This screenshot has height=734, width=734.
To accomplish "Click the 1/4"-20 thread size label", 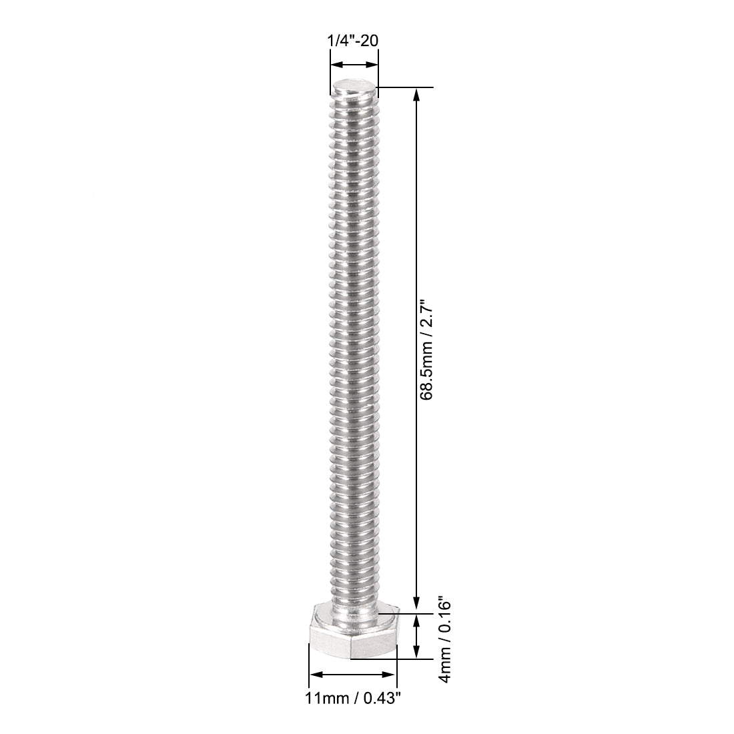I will pyautogui.click(x=353, y=41).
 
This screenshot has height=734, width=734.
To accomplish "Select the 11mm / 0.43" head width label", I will pyautogui.click(x=353, y=698).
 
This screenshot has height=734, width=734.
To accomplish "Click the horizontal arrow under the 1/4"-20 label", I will pyautogui.click(x=354, y=65).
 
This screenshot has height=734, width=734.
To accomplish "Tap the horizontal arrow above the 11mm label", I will pyautogui.click(x=353, y=675).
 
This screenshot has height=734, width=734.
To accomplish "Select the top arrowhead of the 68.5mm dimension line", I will pyautogui.click(x=418, y=94).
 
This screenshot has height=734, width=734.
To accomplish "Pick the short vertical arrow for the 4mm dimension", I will pyautogui.click(x=418, y=636).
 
